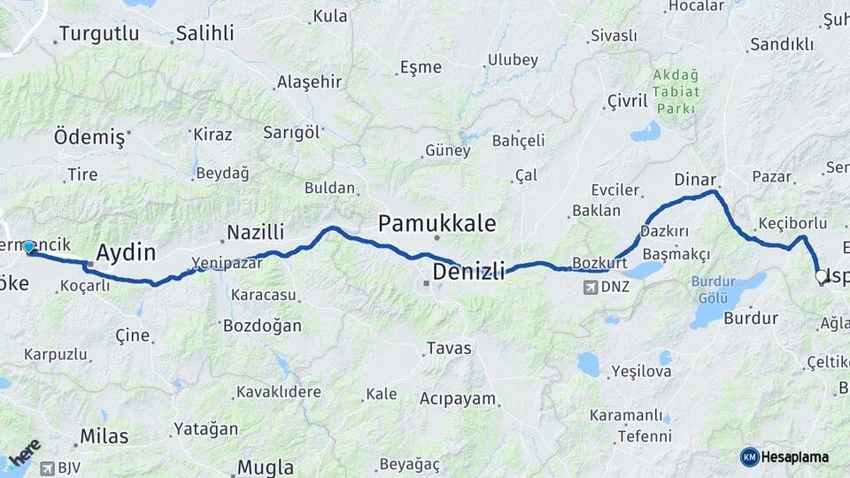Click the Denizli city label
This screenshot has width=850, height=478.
(x=468, y=270)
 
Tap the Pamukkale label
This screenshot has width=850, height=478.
(x=437, y=222)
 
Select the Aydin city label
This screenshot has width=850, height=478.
(x=125, y=252)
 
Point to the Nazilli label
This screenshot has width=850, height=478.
(x=255, y=232)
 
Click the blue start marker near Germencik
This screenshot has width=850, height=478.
(x=28, y=247)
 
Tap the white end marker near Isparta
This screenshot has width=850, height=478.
(x=821, y=277)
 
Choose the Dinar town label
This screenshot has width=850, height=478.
(x=694, y=179)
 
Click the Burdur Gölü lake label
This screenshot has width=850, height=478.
(x=713, y=290)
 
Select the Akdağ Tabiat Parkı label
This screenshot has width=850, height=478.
(x=676, y=92)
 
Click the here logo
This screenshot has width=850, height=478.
(x=24, y=455)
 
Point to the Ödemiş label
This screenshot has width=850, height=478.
(x=89, y=137)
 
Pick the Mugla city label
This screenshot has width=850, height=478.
(x=266, y=466)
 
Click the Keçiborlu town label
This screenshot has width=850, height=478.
(x=792, y=221)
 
